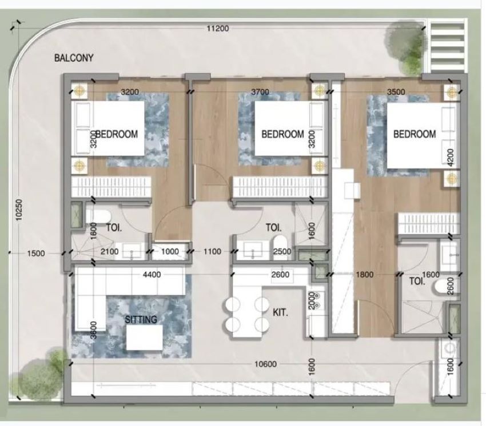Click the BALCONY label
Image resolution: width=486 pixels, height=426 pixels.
74,58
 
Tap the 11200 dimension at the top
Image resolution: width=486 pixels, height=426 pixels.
218,29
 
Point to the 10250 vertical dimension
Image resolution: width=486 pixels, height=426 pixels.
19,210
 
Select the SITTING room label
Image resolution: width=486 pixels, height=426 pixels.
141,319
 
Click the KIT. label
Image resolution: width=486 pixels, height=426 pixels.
280,312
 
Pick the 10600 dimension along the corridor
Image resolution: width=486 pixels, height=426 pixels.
266,364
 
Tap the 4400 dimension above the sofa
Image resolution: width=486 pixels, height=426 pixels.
152,275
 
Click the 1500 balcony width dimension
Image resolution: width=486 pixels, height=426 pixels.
36,253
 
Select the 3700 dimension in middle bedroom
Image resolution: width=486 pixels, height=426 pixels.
260,92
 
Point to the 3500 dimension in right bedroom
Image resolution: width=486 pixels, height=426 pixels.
396,92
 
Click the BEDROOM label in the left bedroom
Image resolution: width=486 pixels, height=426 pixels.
117,134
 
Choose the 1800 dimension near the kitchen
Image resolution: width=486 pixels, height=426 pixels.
365,275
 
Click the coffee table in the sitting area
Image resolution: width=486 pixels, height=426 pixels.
145,337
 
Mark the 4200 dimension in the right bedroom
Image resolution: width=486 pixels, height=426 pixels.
451,158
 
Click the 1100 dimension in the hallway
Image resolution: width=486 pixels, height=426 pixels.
212,251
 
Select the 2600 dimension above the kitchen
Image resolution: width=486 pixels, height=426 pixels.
280,275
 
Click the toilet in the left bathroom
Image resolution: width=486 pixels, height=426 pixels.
98,216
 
